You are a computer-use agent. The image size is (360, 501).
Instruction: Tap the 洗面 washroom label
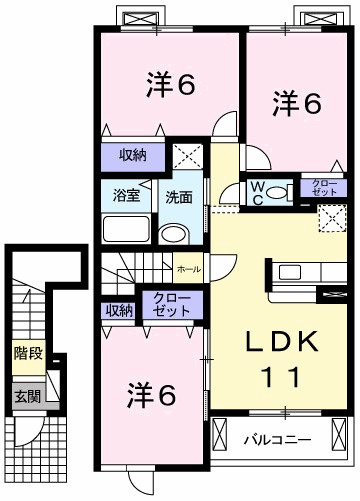click(x=179, y=197)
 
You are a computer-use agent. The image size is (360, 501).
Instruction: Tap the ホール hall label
click(x=187, y=269)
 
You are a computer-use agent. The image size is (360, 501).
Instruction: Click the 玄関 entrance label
click(x=26, y=395)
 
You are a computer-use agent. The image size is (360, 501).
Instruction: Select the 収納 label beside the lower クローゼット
click(x=119, y=310)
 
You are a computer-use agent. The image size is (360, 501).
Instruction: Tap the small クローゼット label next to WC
click(x=324, y=186)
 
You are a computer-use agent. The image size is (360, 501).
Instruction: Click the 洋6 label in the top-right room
click(x=298, y=104)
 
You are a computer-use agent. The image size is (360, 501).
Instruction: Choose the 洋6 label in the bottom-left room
click(x=152, y=395)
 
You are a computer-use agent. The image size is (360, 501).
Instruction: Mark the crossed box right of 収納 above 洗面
click(x=185, y=155)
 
